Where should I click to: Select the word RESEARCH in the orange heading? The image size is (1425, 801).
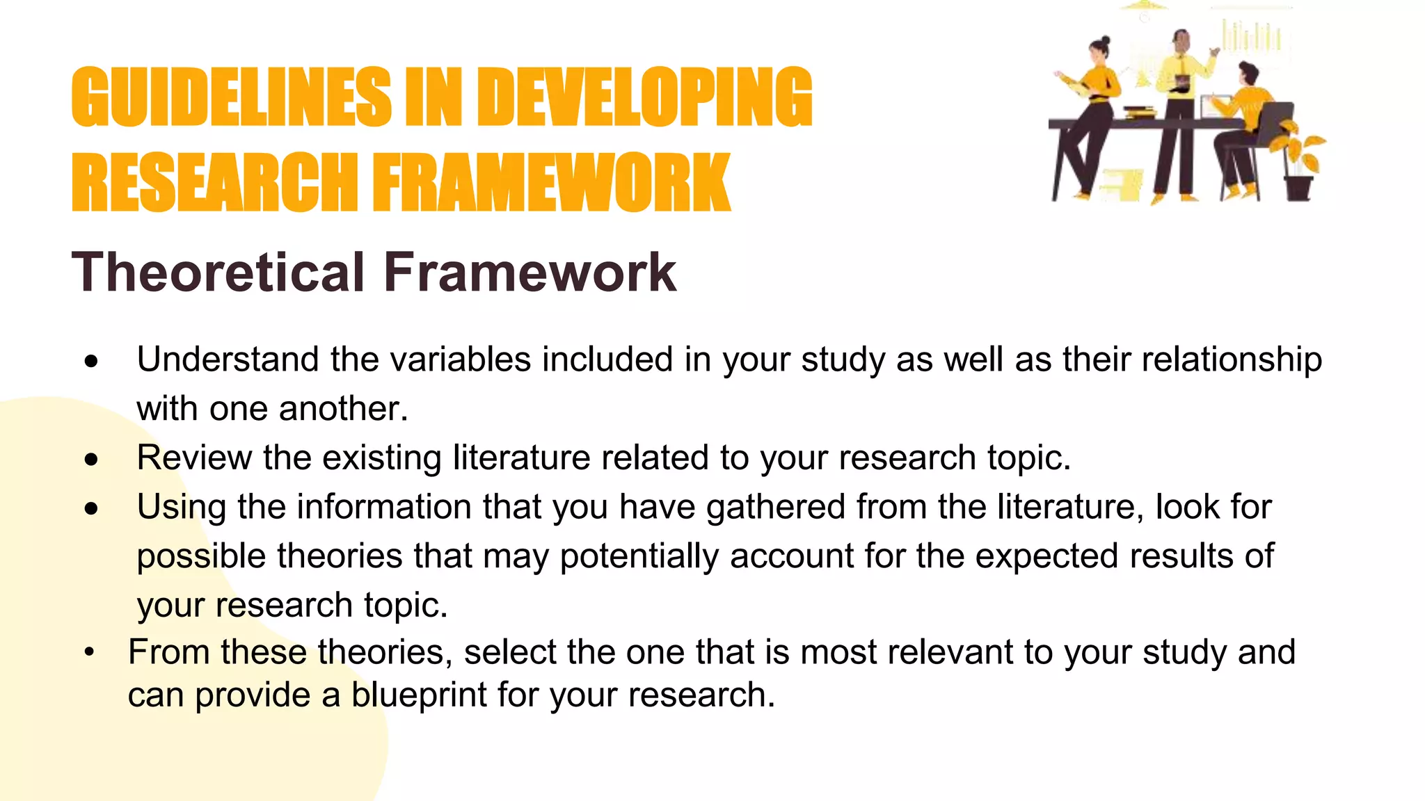click(214, 182)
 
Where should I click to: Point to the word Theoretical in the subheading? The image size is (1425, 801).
click(218, 272)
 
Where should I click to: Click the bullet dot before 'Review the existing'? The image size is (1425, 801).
click(91, 459)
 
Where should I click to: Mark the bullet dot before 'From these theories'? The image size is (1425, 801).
click(89, 653)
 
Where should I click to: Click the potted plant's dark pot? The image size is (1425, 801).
click(1298, 188)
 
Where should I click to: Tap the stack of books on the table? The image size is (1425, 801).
click(1140, 111)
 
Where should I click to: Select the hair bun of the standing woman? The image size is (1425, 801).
click(1106, 41)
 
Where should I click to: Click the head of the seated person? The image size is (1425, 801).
click(1248, 73)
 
